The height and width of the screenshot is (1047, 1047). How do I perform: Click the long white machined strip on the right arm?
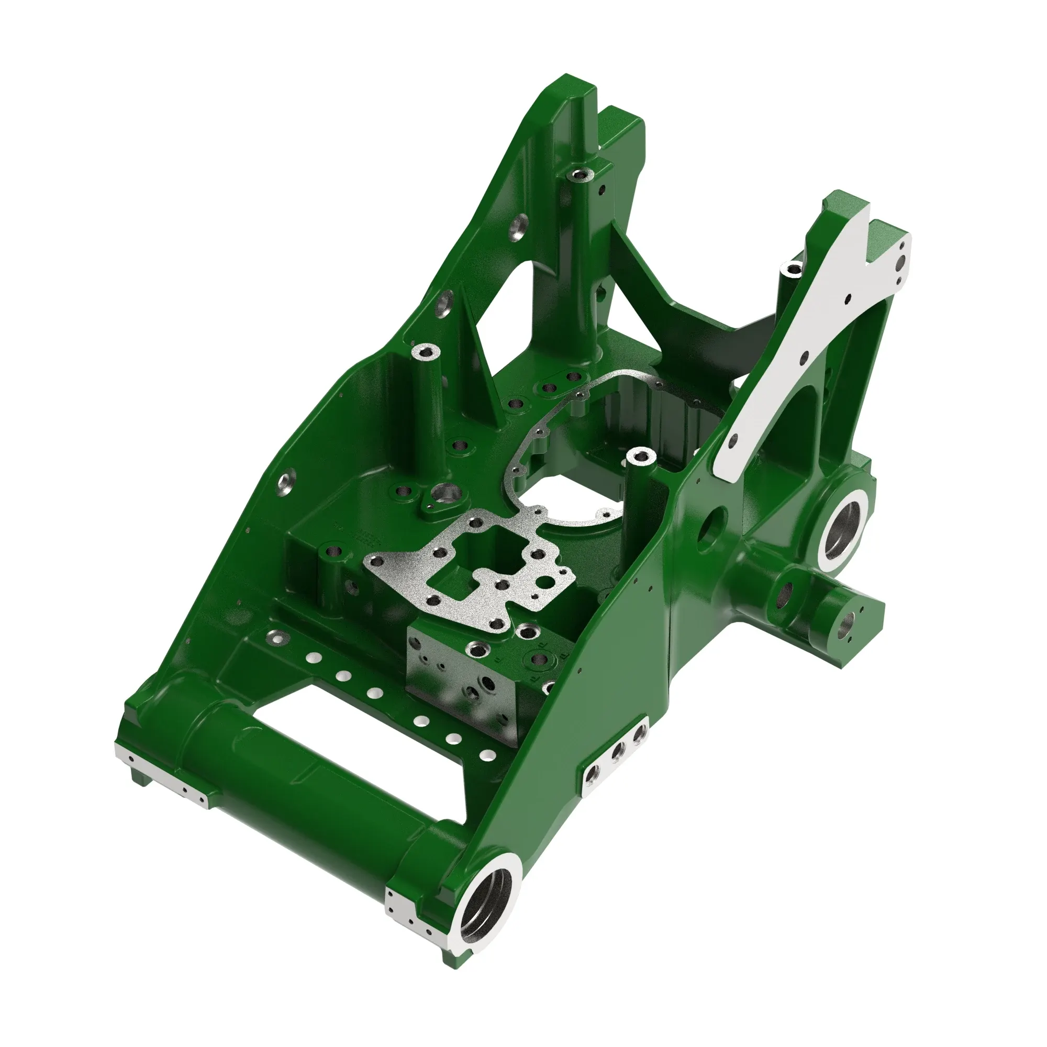click(813, 347)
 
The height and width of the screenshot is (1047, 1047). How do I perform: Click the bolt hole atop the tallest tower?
click(582, 174)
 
